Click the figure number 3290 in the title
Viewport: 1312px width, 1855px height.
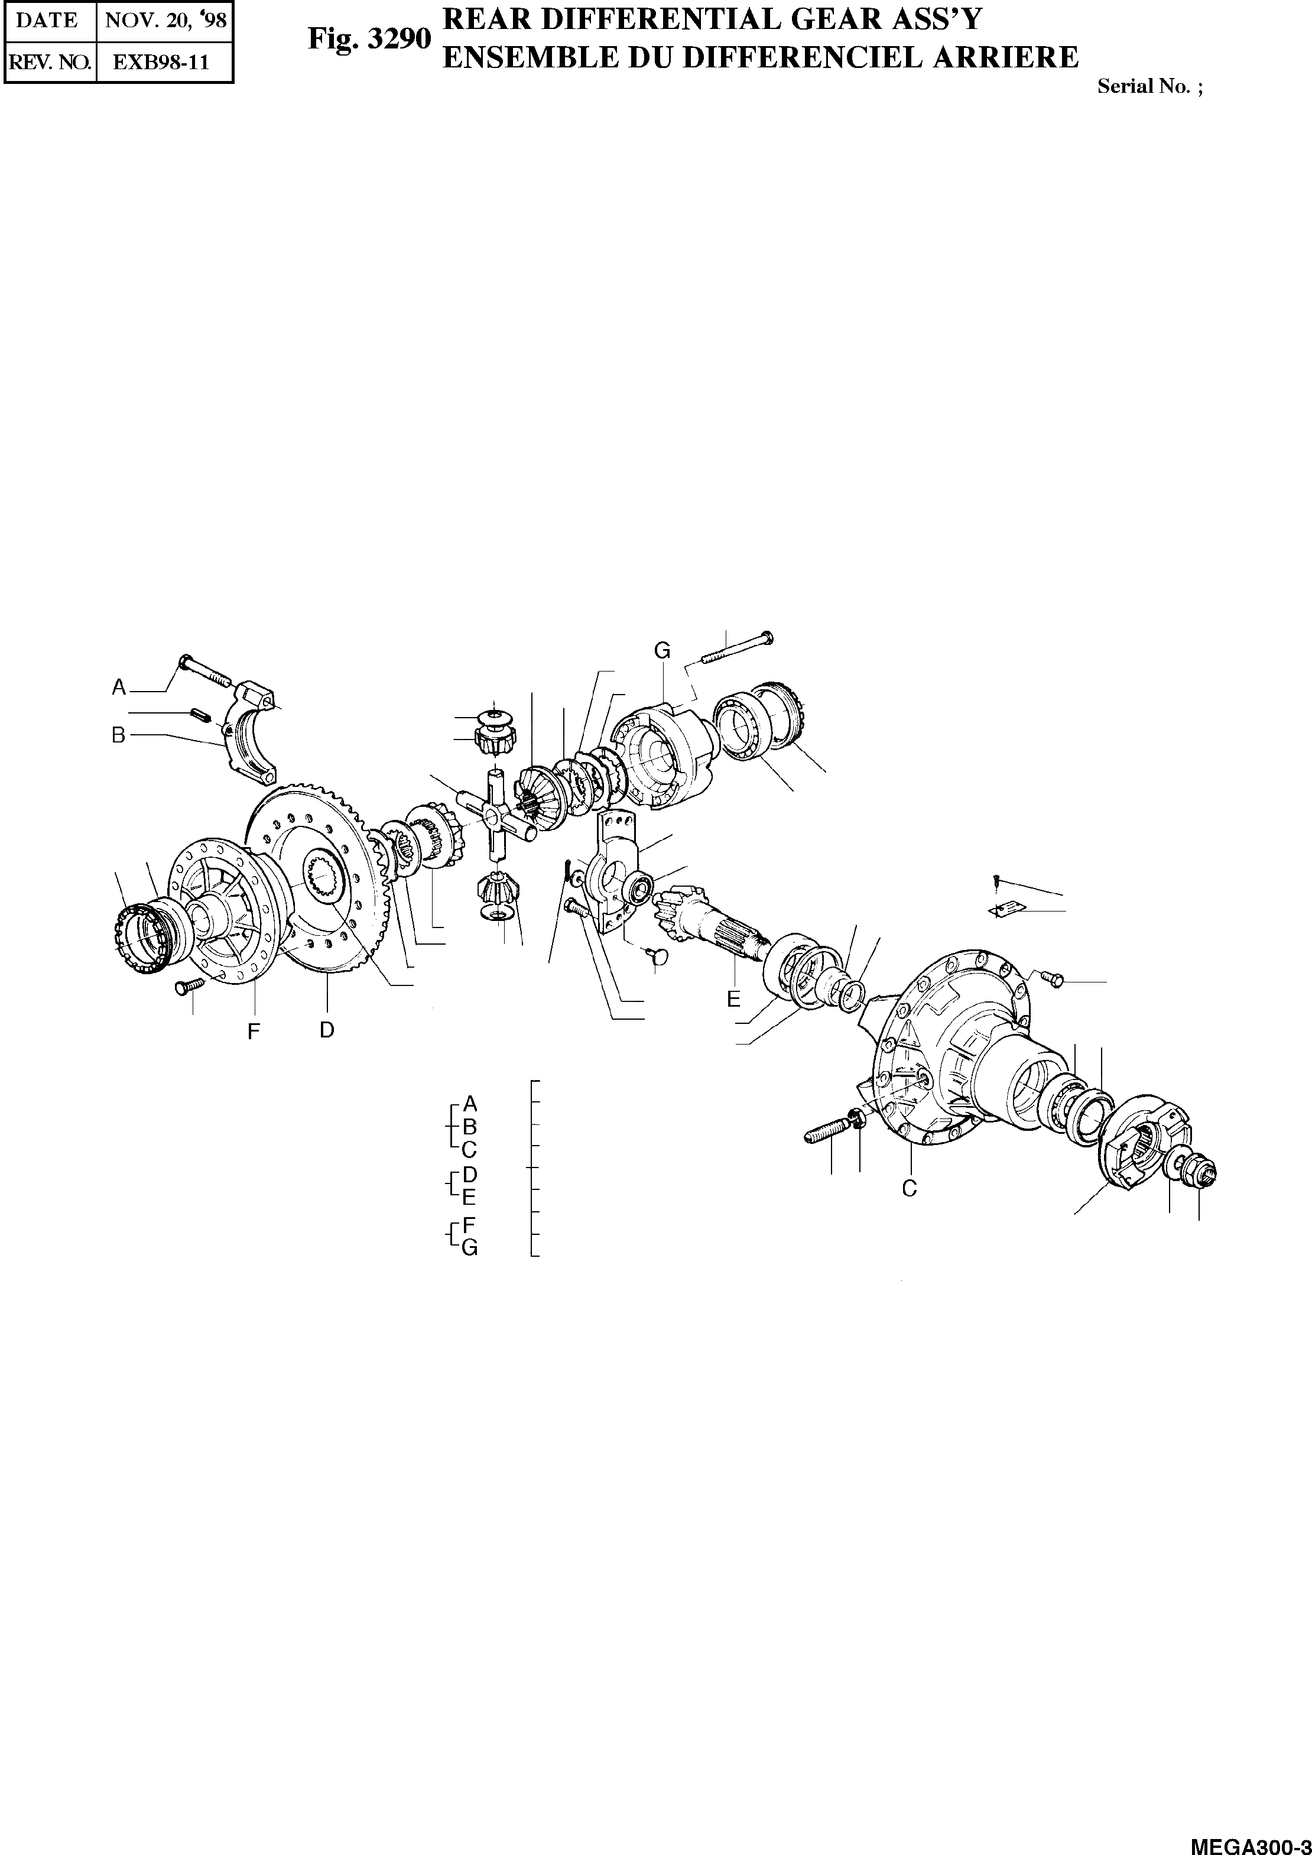pyautogui.click(x=370, y=39)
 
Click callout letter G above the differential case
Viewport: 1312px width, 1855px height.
pyautogui.click(x=662, y=650)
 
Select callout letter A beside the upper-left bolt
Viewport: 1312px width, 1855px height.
pyautogui.click(x=119, y=687)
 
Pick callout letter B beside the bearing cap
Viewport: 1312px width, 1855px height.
pyautogui.click(x=119, y=736)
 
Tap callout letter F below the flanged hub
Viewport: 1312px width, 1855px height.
pyautogui.click(x=254, y=1032)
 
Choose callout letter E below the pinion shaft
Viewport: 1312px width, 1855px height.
pyautogui.click(x=733, y=1000)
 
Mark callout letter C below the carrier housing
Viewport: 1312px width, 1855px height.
pyautogui.click(x=910, y=1188)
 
